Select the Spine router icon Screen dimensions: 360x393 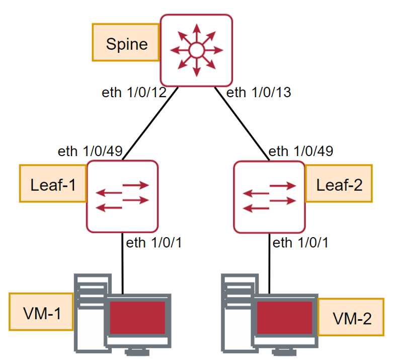pos(196,50)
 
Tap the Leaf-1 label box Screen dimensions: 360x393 pos(52,185)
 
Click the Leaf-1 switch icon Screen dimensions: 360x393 pos(123,196)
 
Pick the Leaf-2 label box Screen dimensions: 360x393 pos(338,185)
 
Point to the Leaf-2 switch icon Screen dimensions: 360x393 pos(269,196)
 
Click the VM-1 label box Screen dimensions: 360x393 pos(41,313)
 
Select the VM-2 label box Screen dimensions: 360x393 pos(352,318)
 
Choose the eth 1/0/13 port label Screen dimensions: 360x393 pos(259,93)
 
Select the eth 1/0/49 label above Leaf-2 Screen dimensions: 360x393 pos(300,152)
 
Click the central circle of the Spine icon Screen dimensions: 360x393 pos(196,50)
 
